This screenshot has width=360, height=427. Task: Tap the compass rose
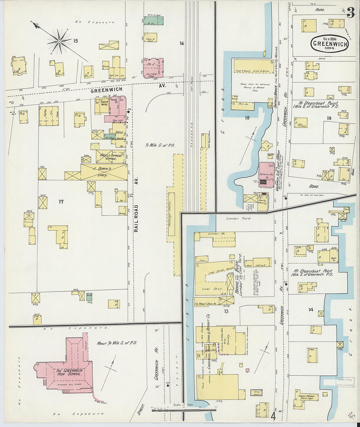pyautogui.click(x=59, y=41)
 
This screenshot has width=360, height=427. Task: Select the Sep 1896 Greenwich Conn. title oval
pyautogui.click(x=330, y=43)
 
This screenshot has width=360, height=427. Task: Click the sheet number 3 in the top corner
pyautogui.click(x=351, y=13)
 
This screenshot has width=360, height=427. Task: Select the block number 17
pyautogui.click(x=61, y=202)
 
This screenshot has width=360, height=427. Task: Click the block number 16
pyautogui.click(x=182, y=43)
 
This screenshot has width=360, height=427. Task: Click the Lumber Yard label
pyautogui.click(x=239, y=218)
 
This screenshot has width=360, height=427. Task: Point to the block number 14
pyautogui.click(x=311, y=310)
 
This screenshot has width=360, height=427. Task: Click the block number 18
pyautogui.click(x=247, y=118)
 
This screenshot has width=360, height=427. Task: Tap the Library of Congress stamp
pyautogui.click(x=344, y=382)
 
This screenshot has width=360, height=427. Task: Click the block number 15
pyautogui.click(x=76, y=41)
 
